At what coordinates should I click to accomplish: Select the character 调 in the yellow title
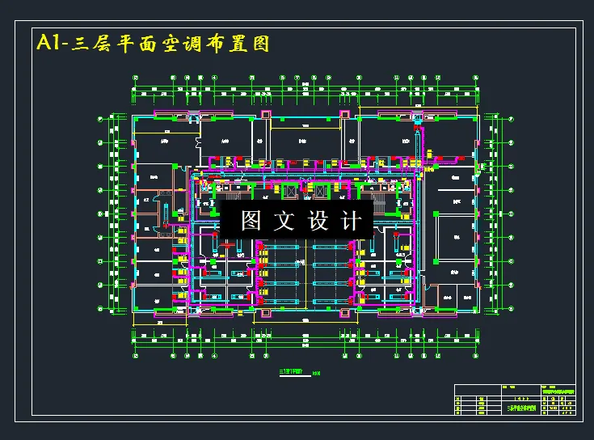[x=198, y=44]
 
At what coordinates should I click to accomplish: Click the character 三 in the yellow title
[x=82, y=44]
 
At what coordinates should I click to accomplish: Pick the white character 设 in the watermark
[x=318, y=220]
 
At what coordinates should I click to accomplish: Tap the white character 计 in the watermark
[x=352, y=220]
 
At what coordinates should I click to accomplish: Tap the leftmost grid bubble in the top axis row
[x=136, y=78]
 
